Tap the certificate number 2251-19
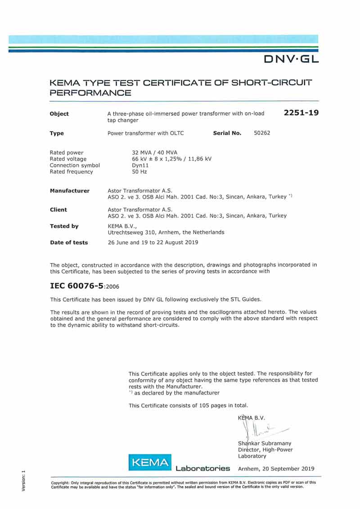coord(301,113)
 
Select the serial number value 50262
coord(262,133)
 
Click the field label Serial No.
coord(227,133)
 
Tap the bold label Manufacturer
coord(69,191)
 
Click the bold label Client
coord(58,210)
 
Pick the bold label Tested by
coord(64,226)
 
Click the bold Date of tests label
coord(68,243)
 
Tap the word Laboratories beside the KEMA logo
coord(203,468)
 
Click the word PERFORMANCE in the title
coord(90,93)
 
